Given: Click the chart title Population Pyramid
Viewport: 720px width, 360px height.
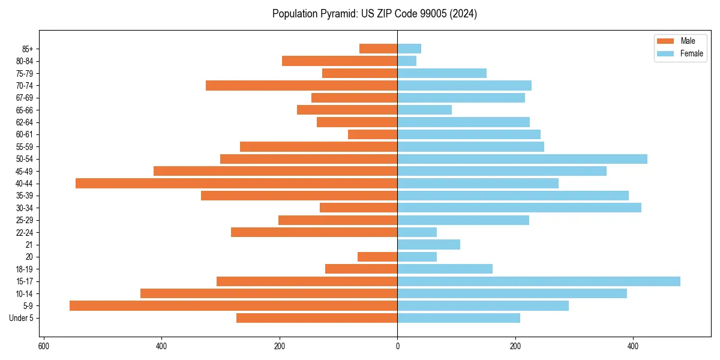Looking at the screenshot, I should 374,14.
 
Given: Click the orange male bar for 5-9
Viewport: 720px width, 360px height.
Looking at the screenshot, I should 233,305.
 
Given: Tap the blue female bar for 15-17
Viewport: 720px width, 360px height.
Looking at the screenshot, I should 538,281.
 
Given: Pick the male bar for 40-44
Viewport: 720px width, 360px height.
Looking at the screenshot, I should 236,183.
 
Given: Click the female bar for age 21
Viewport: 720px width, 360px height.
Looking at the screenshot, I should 428,244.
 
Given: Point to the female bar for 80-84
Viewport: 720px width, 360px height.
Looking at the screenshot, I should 407,61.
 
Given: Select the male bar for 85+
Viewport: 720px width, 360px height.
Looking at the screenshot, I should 378,49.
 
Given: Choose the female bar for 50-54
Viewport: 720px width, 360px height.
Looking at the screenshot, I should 522,159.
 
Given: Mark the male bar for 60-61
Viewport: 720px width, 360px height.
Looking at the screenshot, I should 373,134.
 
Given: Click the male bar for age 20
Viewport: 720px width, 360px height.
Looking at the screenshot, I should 377,257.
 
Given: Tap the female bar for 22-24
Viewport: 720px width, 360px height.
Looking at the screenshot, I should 417,232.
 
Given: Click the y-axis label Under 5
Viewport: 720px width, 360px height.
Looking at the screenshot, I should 21,318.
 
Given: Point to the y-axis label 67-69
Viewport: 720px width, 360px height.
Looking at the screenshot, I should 25,98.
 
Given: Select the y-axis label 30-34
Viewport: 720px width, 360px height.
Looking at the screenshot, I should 25,208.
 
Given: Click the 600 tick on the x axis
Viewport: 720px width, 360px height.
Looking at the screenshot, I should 43,346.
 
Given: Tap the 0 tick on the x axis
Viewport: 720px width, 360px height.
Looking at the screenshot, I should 397,346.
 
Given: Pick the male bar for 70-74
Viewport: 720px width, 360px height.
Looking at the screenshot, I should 301,85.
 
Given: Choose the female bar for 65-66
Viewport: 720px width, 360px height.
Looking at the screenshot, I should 424,110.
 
